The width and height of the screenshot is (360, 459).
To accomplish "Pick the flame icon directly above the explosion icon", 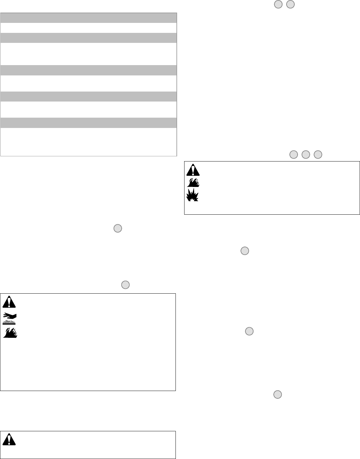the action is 193,182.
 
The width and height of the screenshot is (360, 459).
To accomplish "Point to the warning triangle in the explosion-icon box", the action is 193,170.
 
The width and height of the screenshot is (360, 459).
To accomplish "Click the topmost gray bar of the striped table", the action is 89,18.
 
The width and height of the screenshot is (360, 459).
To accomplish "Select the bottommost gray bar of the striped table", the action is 89,123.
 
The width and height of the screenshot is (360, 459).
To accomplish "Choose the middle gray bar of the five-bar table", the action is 89,70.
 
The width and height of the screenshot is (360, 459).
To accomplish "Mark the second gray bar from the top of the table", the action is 89,38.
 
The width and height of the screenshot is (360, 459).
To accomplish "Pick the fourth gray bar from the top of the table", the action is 89,97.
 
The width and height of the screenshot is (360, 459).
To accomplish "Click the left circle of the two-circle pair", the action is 278,5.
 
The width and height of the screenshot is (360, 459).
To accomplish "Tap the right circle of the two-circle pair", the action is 290,5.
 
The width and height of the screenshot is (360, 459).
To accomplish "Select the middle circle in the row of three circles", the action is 306,155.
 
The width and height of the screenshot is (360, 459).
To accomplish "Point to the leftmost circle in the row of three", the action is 293,155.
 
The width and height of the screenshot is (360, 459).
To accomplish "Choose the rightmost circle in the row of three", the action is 318,155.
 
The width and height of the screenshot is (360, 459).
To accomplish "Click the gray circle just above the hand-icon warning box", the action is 125,285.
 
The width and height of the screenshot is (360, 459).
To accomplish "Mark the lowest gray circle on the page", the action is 278,395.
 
